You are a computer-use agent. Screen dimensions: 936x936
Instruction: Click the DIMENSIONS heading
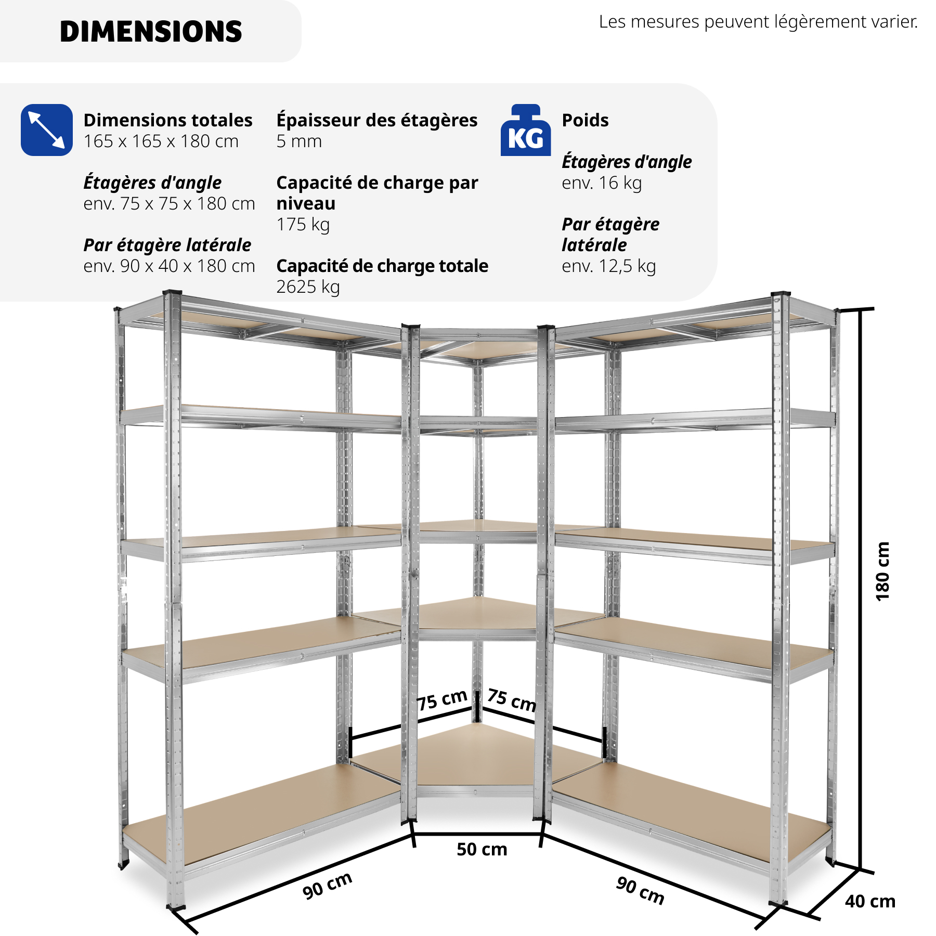point(151,32)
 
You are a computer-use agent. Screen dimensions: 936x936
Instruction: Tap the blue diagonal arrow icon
point(47,130)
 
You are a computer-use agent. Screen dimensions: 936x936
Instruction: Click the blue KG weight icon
point(526,130)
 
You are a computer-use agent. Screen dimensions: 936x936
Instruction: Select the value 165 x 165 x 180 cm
point(161,141)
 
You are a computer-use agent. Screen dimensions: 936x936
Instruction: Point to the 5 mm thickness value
point(299,141)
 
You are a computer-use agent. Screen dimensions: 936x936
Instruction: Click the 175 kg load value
point(303,225)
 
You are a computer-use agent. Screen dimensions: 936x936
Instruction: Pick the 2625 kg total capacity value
point(308,287)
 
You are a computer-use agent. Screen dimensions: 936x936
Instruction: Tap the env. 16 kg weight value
point(602,183)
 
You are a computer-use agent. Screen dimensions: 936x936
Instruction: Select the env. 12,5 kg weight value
point(609,266)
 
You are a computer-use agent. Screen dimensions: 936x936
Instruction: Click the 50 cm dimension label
point(482,849)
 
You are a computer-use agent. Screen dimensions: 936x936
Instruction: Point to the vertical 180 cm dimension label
point(882,571)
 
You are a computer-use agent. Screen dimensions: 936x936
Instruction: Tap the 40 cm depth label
point(870,901)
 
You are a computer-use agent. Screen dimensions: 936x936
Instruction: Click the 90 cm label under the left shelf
point(328,885)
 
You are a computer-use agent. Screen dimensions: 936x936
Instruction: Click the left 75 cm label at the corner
point(442,700)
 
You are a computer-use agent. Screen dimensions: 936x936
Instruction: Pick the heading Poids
point(585,120)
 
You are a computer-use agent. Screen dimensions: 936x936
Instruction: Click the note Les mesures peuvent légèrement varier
point(758,22)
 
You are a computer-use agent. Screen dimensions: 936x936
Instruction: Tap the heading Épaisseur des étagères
point(377,120)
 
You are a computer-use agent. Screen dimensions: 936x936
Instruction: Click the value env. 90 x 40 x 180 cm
point(170,266)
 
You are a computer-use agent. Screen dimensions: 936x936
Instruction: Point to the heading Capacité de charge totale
point(382,266)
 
